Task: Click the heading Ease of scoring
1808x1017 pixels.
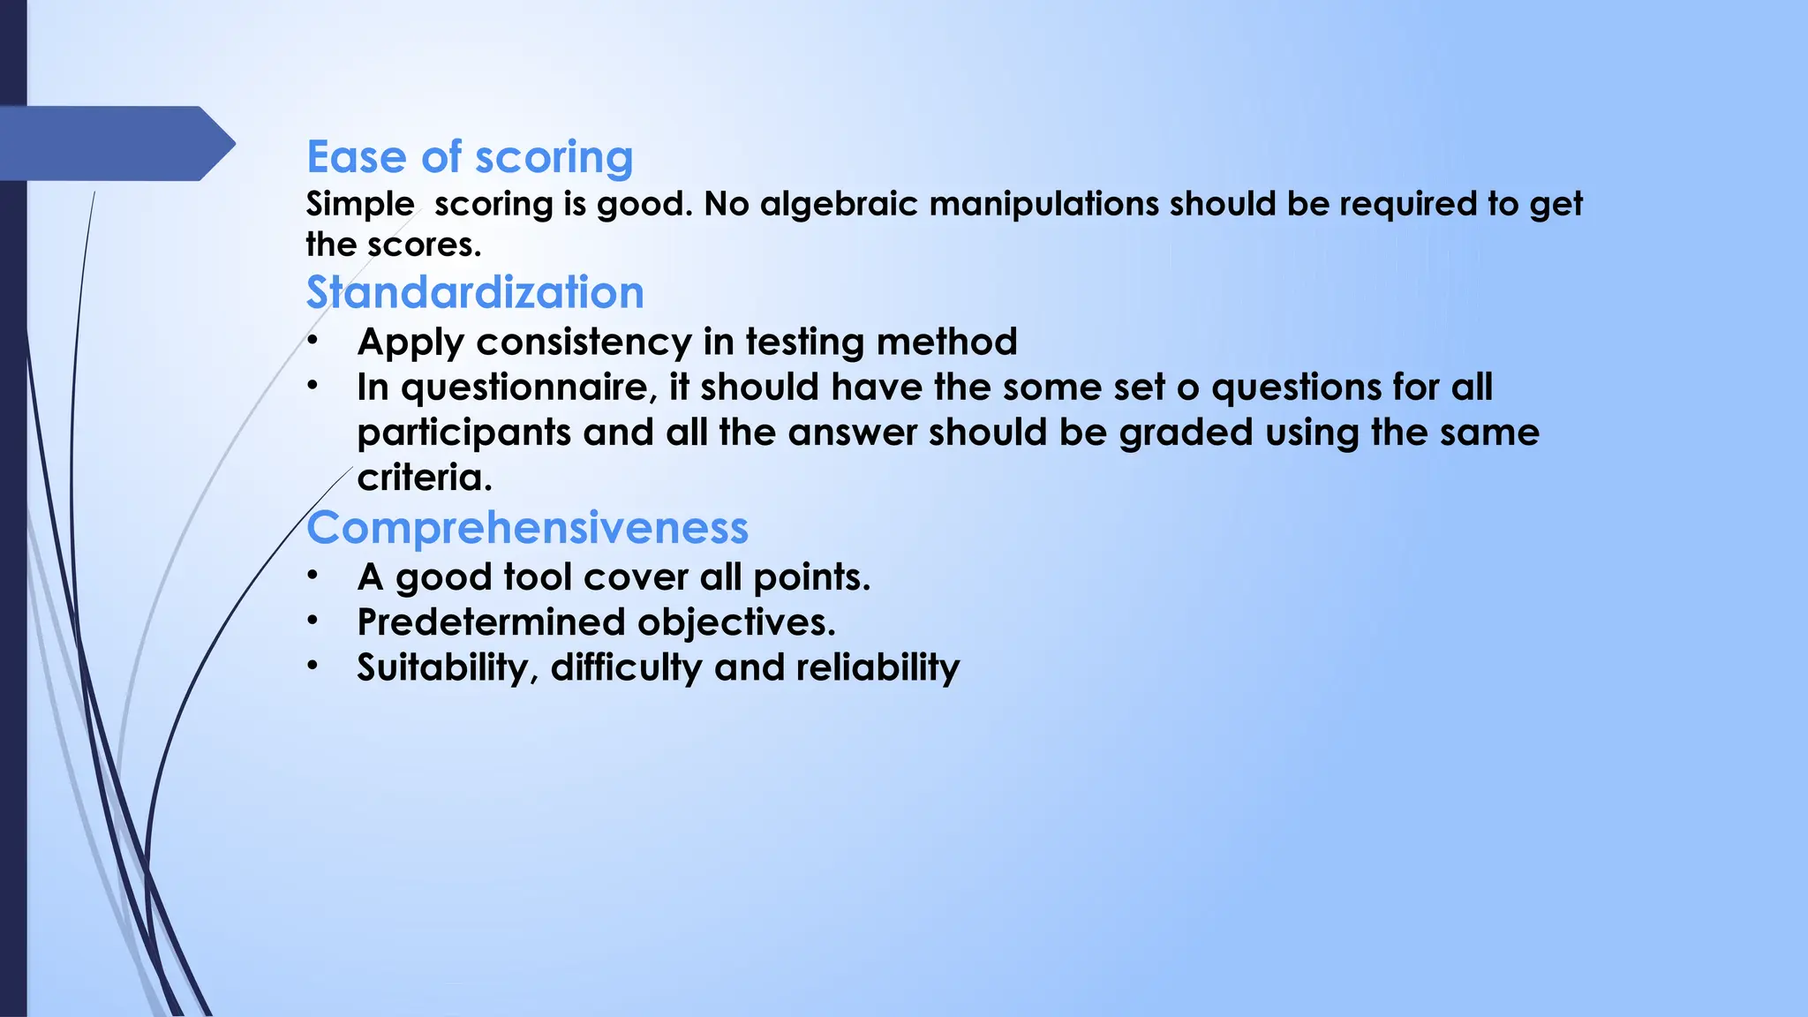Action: (x=470, y=158)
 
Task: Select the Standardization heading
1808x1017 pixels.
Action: (x=475, y=293)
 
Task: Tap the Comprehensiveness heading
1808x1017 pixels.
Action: (x=527, y=528)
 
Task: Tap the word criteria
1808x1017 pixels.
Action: (x=423, y=478)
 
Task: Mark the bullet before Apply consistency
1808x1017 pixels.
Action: (x=313, y=341)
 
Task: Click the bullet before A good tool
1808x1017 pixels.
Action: (x=313, y=576)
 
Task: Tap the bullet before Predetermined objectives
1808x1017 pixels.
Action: (x=313, y=621)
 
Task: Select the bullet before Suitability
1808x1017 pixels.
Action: (x=313, y=666)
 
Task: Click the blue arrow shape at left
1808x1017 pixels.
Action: (x=115, y=143)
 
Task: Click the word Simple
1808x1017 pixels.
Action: (x=360, y=205)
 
